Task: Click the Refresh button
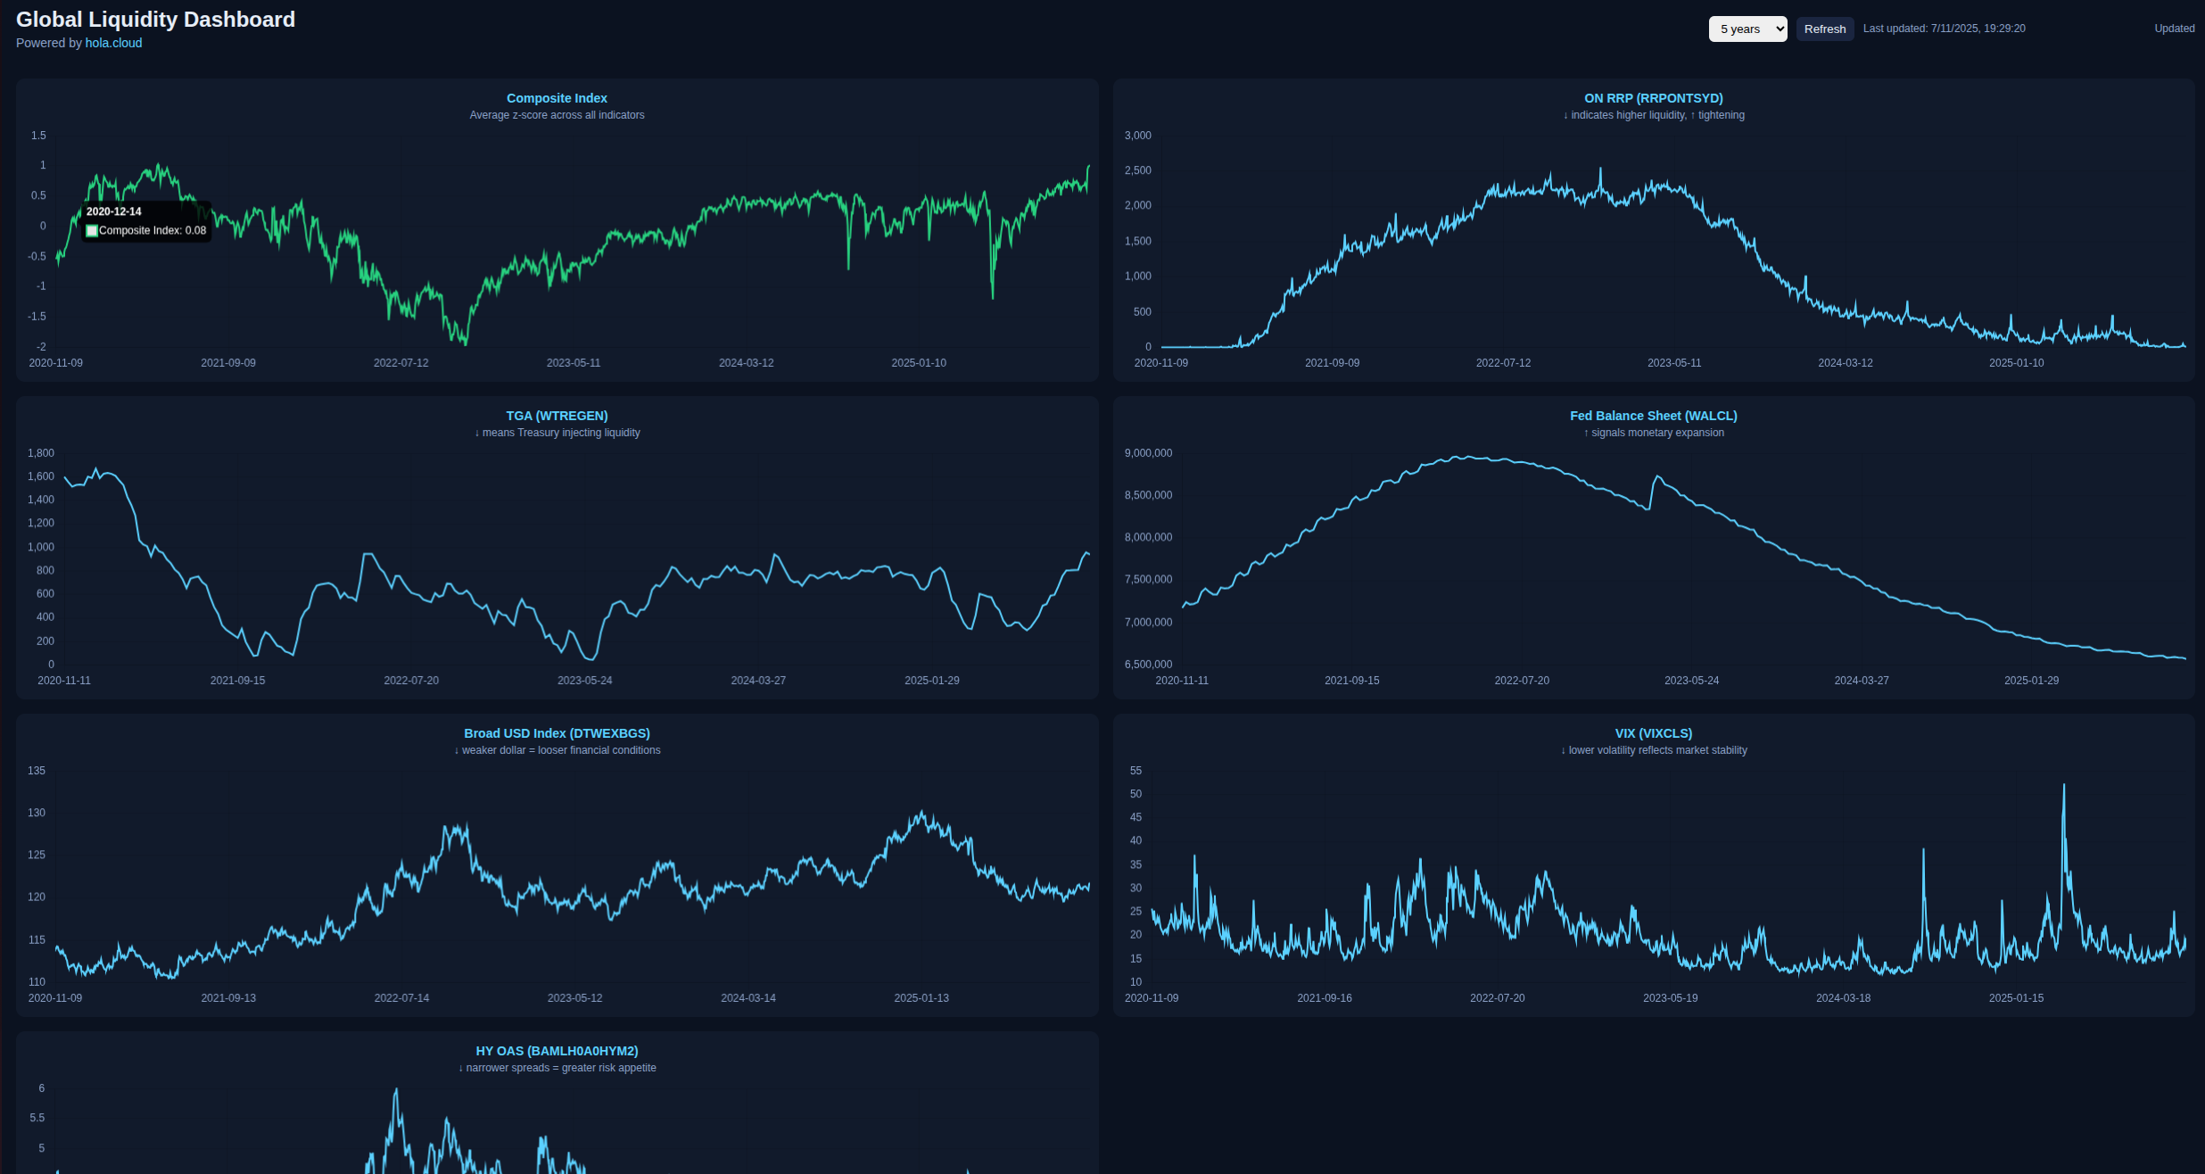pyautogui.click(x=1824, y=29)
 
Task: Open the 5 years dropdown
pyautogui.click(x=1747, y=29)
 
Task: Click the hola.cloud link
pyautogui.click(x=113, y=43)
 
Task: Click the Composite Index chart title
pyautogui.click(x=557, y=98)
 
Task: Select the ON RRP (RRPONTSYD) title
pyautogui.click(x=1653, y=98)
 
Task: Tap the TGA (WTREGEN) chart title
pyautogui.click(x=557, y=416)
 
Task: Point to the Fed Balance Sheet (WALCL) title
pyautogui.click(x=1653, y=416)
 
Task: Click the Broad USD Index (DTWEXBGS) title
pyautogui.click(x=557, y=733)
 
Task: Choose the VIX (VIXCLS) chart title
pyautogui.click(x=1653, y=733)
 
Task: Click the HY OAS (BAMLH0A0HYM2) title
pyautogui.click(x=557, y=1051)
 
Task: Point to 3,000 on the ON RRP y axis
pyautogui.click(x=1137, y=136)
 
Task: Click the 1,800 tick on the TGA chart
pyautogui.click(x=41, y=453)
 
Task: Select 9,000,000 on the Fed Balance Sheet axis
pyautogui.click(x=1148, y=453)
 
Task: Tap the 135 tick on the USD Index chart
pyautogui.click(x=37, y=771)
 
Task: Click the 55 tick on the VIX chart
pyautogui.click(x=1136, y=771)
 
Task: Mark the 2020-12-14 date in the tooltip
pyautogui.click(x=114, y=211)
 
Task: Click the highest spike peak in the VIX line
pyautogui.click(x=2063, y=786)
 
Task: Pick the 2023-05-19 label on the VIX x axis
pyautogui.click(x=1670, y=998)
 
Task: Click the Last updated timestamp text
pyautogui.click(x=1944, y=29)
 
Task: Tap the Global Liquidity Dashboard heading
pyautogui.click(x=155, y=20)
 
